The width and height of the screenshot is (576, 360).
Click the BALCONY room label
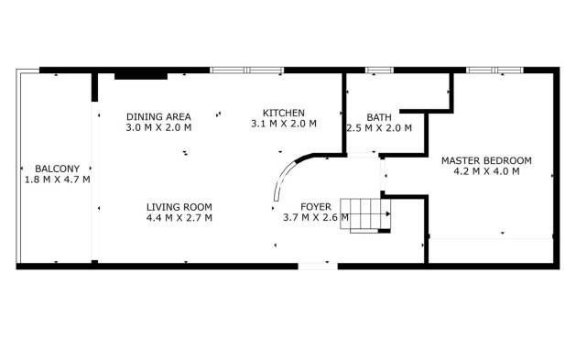click(57, 169)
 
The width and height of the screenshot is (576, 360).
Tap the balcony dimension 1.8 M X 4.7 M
click(57, 180)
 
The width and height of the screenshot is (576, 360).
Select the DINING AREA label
click(158, 116)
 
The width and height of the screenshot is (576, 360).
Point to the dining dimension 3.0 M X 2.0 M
click(158, 127)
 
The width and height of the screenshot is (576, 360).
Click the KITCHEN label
click(283, 112)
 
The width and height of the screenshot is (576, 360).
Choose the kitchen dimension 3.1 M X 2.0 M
click(283, 123)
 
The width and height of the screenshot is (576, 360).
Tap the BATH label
click(378, 117)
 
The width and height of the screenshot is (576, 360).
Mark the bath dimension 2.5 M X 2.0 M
click(378, 128)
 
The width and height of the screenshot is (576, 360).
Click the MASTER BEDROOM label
click(485, 160)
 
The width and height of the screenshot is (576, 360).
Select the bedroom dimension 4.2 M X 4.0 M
click(485, 171)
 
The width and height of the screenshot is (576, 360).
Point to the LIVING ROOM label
click(179, 207)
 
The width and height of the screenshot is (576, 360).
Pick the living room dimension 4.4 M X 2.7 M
click(179, 218)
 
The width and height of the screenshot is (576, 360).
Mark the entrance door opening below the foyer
click(316, 266)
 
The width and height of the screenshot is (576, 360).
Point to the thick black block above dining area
click(140, 75)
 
